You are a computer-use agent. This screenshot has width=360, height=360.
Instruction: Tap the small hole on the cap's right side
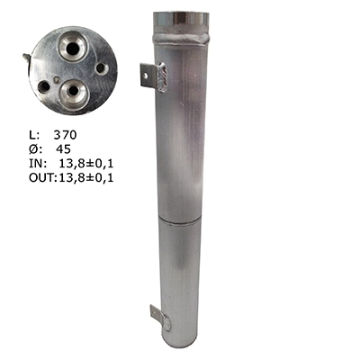click(101, 67)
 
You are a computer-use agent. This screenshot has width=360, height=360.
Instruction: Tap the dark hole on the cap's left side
click(44, 86)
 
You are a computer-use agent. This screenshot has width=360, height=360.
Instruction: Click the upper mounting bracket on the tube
click(148, 74)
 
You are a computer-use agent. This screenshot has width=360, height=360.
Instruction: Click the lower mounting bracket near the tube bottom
click(157, 317)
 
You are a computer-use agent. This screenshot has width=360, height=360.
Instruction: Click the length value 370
click(65, 133)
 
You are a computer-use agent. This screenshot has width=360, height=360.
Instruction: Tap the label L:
click(25, 133)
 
